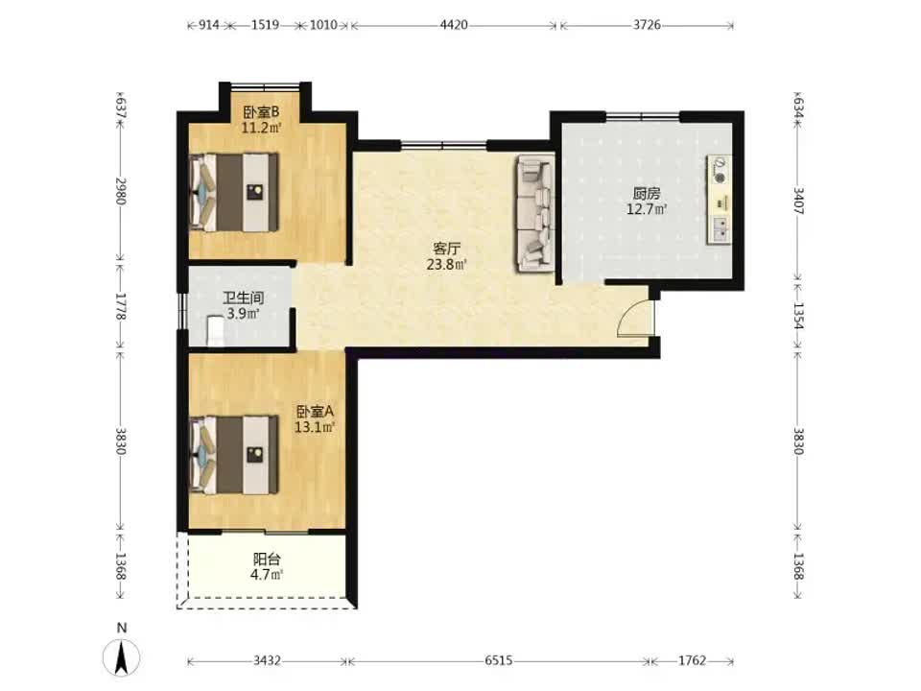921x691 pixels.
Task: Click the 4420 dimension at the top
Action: point(454,25)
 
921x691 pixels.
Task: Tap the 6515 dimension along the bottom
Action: point(499,661)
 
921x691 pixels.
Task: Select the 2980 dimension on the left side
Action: point(121,190)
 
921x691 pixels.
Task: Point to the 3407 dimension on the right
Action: point(798,201)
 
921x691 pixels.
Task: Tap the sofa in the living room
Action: point(535,213)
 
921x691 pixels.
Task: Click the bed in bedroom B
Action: point(234,192)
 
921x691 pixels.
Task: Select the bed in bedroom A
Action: point(234,455)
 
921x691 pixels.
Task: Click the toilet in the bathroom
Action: point(217,331)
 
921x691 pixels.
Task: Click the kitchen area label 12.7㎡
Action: point(647,209)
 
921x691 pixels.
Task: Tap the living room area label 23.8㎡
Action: point(446,265)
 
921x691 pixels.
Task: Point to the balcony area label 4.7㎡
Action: point(266,575)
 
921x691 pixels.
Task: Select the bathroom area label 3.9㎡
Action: point(243,314)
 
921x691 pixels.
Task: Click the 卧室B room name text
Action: point(261,111)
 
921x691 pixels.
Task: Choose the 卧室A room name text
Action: point(315,412)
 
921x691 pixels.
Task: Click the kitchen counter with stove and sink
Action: point(719,200)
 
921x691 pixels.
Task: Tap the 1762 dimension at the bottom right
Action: point(692,661)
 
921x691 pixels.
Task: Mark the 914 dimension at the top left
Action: point(208,25)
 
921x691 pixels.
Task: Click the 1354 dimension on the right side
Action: point(798,315)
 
